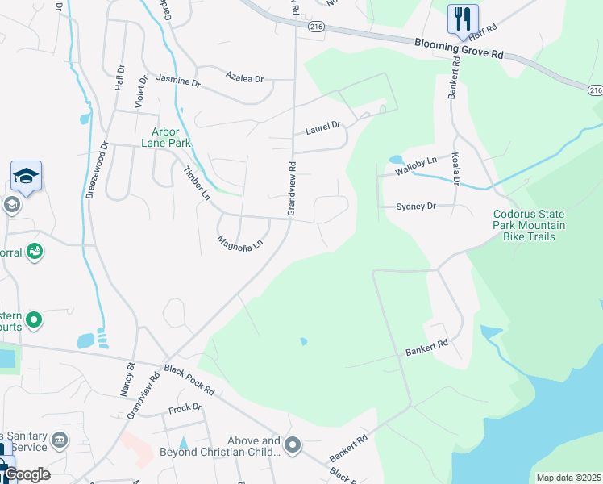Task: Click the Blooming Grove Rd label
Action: coord(460,48)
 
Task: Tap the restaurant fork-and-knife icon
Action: coord(463,18)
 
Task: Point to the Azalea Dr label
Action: coord(245,79)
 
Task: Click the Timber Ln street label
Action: coord(197,184)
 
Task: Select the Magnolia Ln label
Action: coord(240,242)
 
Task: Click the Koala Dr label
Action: coord(455,171)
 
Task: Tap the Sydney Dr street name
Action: coord(416,207)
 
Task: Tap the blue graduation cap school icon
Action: coord(26,175)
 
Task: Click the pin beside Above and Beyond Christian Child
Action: coord(293,445)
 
